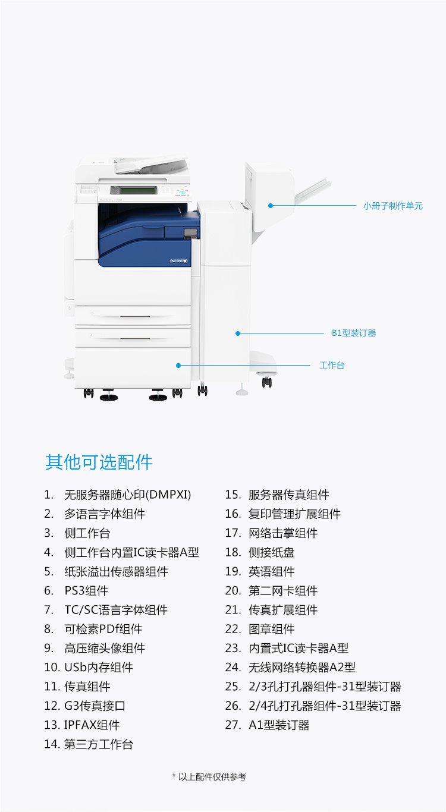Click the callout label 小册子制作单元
click(392, 206)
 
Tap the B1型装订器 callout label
click(354, 333)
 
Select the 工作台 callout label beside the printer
click(332, 365)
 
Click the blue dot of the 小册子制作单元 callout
click(271, 206)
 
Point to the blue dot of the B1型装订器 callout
click(238, 333)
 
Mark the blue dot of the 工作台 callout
click(178, 366)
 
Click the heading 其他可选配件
click(99, 462)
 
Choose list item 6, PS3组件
click(76, 590)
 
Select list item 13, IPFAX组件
click(82, 725)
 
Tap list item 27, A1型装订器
click(267, 725)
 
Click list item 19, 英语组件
click(260, 571)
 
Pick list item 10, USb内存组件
click(89, 667)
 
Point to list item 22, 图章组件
click(260, 628)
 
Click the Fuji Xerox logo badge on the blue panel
click(179, 260)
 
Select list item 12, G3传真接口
click(85, 706)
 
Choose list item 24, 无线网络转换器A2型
click(290, 667)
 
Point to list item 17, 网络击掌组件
click(272, 533)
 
